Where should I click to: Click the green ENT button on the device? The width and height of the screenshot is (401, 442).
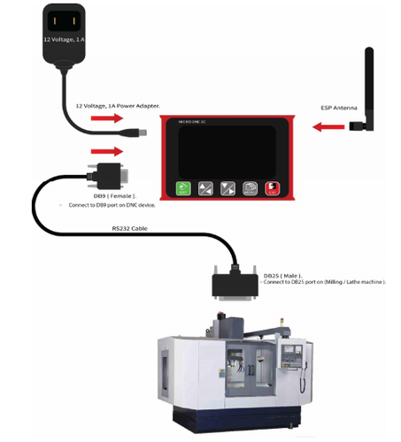tap(183, 188)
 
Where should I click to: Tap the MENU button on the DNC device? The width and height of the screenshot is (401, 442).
tap(251, 188)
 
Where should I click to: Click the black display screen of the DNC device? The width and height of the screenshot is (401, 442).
tap(228, 149)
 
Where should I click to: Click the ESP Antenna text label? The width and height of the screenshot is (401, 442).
tap(339, 108)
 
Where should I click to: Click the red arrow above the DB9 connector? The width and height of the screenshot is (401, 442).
tap(106, 151)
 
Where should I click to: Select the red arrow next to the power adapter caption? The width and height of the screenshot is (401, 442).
tap(106, 117)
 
